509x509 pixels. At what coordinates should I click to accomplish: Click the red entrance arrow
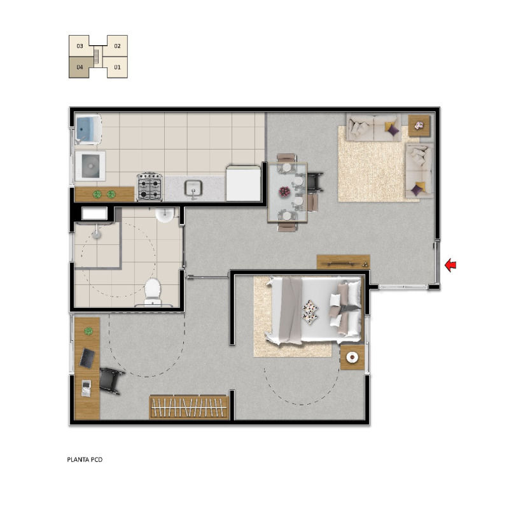[x=450, y=265]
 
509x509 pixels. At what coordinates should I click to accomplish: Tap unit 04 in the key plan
[x=80, y=67]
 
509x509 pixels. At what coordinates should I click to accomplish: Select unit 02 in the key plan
[x=117, y=46]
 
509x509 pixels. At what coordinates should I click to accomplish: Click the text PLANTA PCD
[x=85, y=459]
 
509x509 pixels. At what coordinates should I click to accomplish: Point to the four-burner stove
[x=150, y=186]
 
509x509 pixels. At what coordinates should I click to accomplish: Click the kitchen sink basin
[x=193, y=188]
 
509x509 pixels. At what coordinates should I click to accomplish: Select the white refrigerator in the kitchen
[x=244, y=183]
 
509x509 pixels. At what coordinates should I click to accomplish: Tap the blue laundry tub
[x=88, y=129]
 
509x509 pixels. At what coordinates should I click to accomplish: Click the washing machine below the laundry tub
[x=90, y=166]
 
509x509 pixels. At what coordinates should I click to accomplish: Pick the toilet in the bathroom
[x=153, y=292]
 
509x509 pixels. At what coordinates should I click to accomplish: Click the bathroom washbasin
[x=165, y=215]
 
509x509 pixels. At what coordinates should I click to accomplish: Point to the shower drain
[x=97, y=235]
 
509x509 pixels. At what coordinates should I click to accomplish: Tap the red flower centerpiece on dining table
[x=284, y=192]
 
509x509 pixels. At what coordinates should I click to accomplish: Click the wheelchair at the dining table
[x=314, y=182]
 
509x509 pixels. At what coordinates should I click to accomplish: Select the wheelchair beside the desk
[x=111, y=380]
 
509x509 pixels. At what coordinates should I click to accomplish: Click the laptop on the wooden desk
[x=87, y=358]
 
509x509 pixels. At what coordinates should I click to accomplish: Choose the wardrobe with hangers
[x=188, y=407]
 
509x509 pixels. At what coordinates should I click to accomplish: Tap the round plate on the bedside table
[x=352, y=358]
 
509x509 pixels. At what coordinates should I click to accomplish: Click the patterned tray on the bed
[x=310, y=312]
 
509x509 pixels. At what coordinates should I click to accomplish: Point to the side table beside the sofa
[x=419, y=125]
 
